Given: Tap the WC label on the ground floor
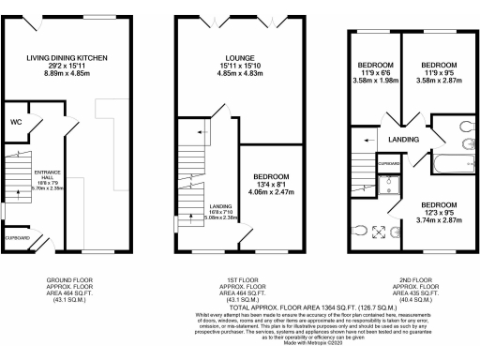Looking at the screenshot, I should point(17,122).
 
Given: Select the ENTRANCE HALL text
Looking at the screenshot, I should point(47,175).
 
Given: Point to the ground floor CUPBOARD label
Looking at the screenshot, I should point(16,237).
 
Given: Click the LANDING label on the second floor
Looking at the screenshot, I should point(404,140).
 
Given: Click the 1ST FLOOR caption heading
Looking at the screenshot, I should point(240,279).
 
